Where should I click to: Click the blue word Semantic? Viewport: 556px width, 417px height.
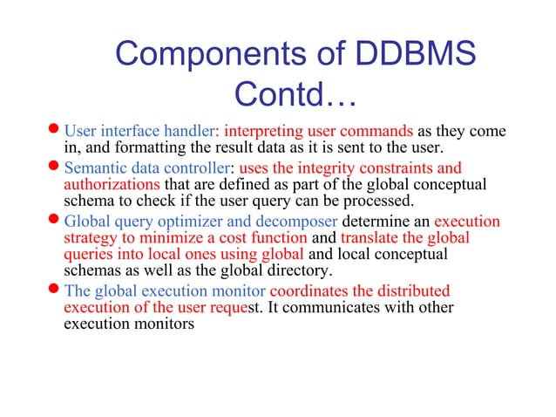point(96,167)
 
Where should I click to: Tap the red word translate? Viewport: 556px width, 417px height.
point(370,237)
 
